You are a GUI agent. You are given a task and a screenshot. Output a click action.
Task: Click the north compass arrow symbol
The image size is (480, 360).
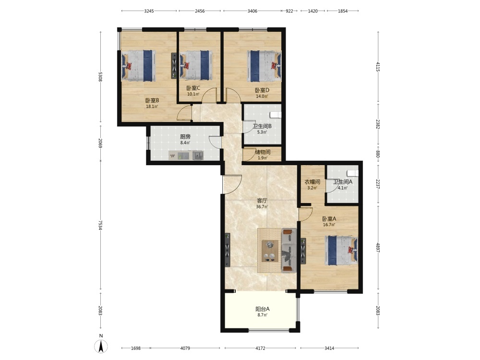tap(101, 346)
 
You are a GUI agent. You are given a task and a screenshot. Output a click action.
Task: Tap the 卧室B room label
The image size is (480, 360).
tap(152, 100)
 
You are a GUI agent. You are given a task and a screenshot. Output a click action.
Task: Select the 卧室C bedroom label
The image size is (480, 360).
tap(193, 88)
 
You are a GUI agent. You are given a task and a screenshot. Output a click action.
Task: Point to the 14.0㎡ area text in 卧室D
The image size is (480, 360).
tap(262, 96)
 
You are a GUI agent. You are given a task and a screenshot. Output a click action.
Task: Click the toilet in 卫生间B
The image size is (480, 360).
tap(276, 115)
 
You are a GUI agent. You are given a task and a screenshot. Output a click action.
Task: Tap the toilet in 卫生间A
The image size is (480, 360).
tap(354, 173)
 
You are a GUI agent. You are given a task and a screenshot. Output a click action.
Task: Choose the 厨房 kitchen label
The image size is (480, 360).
tap(185, 136)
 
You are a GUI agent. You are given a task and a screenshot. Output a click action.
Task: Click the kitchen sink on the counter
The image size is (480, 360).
tap(198, 156)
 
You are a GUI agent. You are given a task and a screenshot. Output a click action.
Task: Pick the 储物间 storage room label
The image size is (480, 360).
tap(263, 152)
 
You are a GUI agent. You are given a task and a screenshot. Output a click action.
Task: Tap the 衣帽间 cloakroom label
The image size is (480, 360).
tap(312, 182)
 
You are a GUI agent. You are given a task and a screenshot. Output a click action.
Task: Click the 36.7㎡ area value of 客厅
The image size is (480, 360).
tap(262, 206)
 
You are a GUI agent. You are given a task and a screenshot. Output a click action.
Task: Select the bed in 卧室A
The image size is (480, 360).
tap(341, 250)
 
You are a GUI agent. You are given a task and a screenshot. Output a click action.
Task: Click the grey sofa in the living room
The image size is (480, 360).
tap(288, 250)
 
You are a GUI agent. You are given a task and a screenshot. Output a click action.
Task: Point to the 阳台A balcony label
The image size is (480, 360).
tap(263, 309)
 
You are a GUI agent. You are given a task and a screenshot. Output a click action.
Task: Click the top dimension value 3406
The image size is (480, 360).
tap(252, 11)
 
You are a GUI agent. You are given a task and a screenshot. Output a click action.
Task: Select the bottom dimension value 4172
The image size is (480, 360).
tap(260, 348)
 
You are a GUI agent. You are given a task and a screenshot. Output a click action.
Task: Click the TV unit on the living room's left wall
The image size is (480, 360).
tap(228, 250)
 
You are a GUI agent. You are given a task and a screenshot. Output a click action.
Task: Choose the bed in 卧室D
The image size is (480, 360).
tap(264, 66)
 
